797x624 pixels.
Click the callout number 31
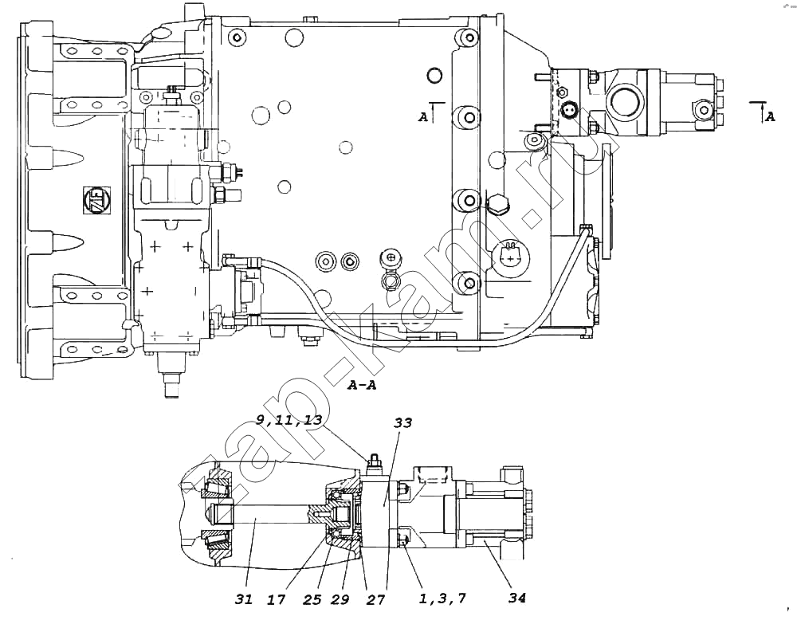click(x=243, y=599)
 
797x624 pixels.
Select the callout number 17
click(x=277, y=599)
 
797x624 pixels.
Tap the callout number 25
click(x=312, y=599)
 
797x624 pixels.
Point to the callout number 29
click(x=340, y=599)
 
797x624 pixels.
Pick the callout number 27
click(x=375, y=599)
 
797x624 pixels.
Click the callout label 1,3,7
click(x=442, y=599)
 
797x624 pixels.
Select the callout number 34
click(x=517, y=598)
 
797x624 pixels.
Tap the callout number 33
click(x=403, y=423)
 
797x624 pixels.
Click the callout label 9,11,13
click(x=289, y=420)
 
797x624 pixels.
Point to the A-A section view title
click(x=362, y=385)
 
